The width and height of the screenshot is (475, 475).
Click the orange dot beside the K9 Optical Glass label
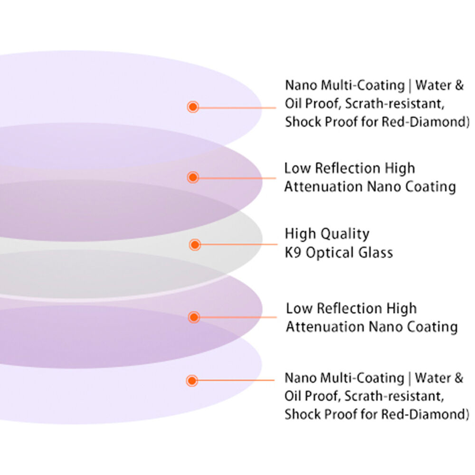194,245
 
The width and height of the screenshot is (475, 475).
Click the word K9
293,252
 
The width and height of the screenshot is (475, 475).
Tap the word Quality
344,234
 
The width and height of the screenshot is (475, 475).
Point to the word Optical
328,252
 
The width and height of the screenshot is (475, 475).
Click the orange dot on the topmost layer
192,107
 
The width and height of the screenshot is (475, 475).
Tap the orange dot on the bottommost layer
192,380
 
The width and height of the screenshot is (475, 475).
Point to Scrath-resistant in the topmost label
394,104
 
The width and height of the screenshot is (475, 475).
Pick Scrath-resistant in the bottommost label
394,396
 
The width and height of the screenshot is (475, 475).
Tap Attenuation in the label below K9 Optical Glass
325,327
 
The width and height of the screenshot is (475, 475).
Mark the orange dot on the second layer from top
192,178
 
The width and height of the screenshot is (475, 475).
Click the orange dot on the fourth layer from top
193,317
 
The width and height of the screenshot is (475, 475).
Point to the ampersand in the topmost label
458,86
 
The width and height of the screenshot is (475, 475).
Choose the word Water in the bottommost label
432,378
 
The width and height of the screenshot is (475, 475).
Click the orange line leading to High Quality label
237,245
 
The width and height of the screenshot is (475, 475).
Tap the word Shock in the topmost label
301,122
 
